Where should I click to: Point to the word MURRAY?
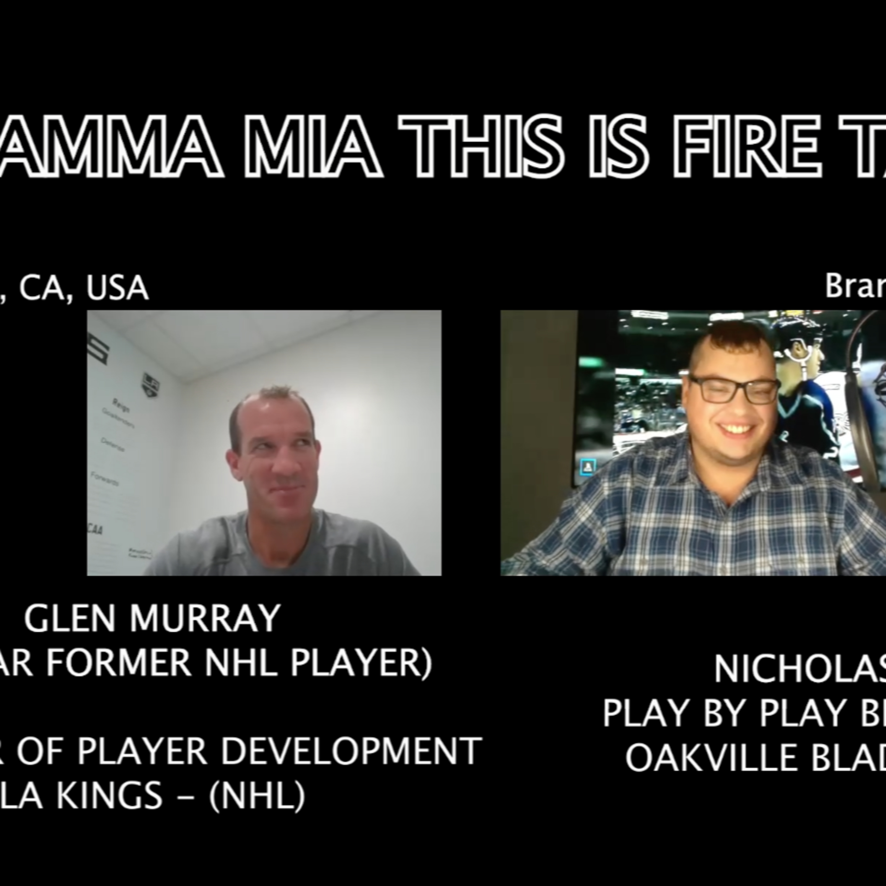coord(205,618)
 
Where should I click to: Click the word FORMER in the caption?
coord(118,663)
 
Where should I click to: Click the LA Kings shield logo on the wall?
coord(149,384)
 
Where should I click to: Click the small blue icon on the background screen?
coord(587,467)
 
